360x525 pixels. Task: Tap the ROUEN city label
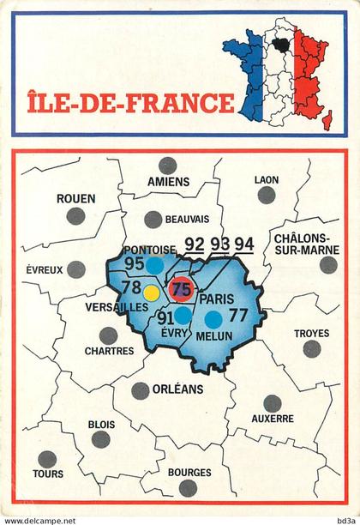[75, 198]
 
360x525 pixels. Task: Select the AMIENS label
[168, 182]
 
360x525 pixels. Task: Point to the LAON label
[267, 179]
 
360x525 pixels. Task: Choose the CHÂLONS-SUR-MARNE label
[305, 243]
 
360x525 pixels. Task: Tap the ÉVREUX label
[43, 269]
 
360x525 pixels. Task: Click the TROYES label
[311, 334]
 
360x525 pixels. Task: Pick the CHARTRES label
[109, 351]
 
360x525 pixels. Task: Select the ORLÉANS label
[179, 389]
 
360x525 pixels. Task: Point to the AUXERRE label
[273, 419]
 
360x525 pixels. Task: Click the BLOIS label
[101, 424]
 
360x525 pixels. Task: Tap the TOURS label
[48, 474]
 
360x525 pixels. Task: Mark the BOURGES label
[189, 472]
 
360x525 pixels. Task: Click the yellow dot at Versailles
[151, 292]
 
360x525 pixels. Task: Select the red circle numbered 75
[182, 289]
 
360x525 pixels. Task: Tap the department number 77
[237, 315]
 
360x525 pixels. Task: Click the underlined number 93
[220, 244]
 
